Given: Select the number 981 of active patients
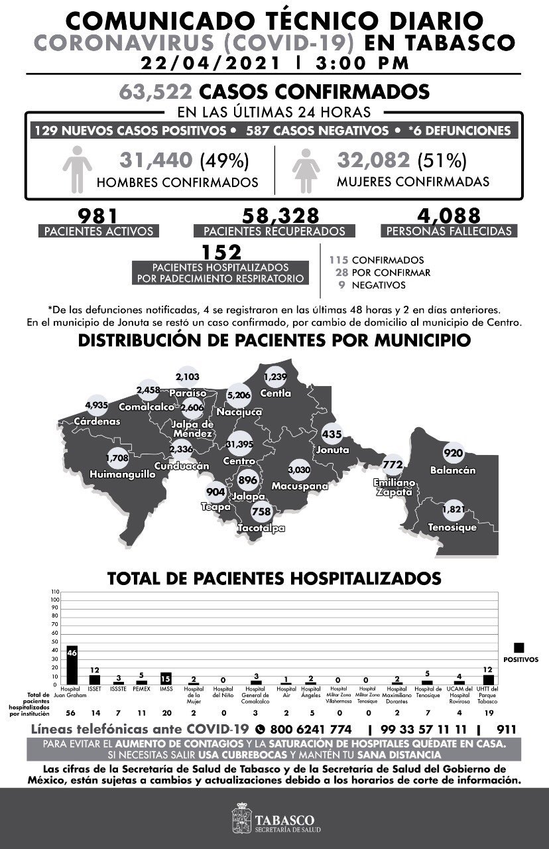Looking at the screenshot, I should pos(97,216).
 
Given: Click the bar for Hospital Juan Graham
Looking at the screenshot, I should pos(72,665).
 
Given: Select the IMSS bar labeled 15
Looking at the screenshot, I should pos(166,678).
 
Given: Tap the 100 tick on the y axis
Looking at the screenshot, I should pos(55,600).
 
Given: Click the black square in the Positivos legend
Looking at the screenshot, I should pos(519,647).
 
